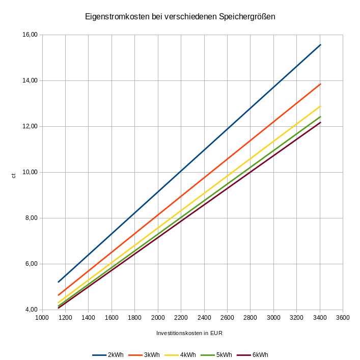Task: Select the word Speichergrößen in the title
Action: click(x=247, y=17)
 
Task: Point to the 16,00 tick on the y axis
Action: click(x=30, y=35)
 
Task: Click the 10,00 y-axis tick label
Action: click(x=30, y=172)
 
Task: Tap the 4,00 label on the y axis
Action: click(x=32, y=310)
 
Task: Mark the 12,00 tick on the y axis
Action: click(x=30, y=126)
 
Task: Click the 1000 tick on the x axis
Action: click(x=42, y=318)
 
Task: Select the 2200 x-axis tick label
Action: click(x=181, y=318)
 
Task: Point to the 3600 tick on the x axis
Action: click(x=343, y=318)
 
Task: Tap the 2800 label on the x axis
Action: click(x=250, y=318)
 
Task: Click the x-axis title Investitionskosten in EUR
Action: click(x=190, y=334)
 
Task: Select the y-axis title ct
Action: click(x=14, y=175)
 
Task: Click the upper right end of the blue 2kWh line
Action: click(x=320, y=45)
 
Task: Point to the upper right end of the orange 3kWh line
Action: click(x=320, y=84)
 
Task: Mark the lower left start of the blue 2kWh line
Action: click(x=59, y=282)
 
